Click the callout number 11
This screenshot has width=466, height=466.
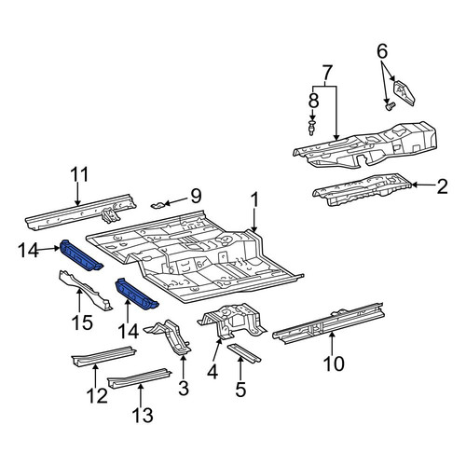79,174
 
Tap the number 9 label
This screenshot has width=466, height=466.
196,197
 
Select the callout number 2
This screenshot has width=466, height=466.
442,186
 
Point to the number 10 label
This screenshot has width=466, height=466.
334,363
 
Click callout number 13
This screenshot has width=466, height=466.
143,415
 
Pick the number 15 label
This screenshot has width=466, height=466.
83,322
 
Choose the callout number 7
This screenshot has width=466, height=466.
324,73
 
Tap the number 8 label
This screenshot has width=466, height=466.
313,101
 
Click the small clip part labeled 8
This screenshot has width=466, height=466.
311,129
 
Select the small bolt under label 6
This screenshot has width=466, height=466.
390,106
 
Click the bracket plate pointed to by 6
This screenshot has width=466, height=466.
404,93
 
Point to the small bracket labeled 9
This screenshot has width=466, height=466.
158,205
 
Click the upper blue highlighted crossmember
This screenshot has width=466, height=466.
81,255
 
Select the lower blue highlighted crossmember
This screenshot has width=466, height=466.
137,295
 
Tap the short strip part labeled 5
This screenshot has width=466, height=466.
244,353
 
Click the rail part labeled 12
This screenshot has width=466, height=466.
103,356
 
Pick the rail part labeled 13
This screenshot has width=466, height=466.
139,377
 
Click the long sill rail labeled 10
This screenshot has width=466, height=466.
329,323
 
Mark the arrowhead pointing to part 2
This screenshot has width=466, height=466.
415,185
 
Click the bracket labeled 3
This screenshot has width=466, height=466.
171,337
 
